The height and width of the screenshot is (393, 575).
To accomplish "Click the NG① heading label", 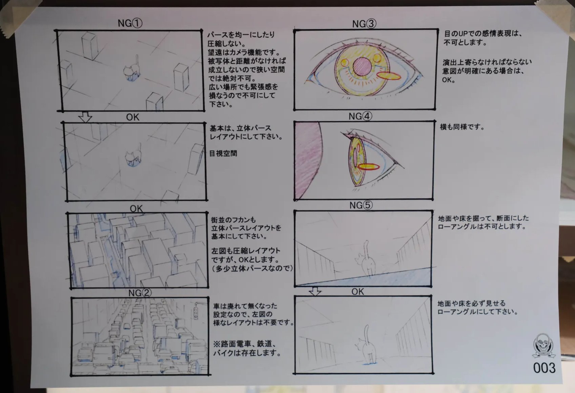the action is pyautogui.click(x=130, y=23).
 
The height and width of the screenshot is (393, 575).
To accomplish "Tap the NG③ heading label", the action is pyautogui.click(x=364, y=24).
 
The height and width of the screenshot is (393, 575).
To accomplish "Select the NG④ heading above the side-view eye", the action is pyautogui.click(x=360, y=116).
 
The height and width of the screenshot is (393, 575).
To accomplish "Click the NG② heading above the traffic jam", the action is pyautogui.click(x=140, y=293).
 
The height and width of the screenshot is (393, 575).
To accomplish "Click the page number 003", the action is pyautogui.click(x=544, y=368).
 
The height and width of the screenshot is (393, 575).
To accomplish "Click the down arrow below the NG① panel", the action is pyautogui.click(x=85, y=117).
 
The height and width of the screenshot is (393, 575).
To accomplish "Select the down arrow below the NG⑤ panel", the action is pyautogui.click(x=315, y=292).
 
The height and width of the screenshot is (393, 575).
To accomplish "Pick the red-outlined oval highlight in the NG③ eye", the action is pyautogui.click(x=389, y=76).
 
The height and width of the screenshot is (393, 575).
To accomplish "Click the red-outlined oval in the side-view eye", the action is pyautogui.click(x=368, y=167).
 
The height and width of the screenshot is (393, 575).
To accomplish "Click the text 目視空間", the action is pyautogui.click(x=223, y=153).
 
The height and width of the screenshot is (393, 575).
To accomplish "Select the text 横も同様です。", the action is pyautogui.click(x=462, y=127).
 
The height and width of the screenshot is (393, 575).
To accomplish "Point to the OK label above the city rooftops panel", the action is pyautogui.click(x=136, y=208).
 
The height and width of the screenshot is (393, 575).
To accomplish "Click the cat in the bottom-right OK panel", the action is pyautogui.click(x=366, y=344).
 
